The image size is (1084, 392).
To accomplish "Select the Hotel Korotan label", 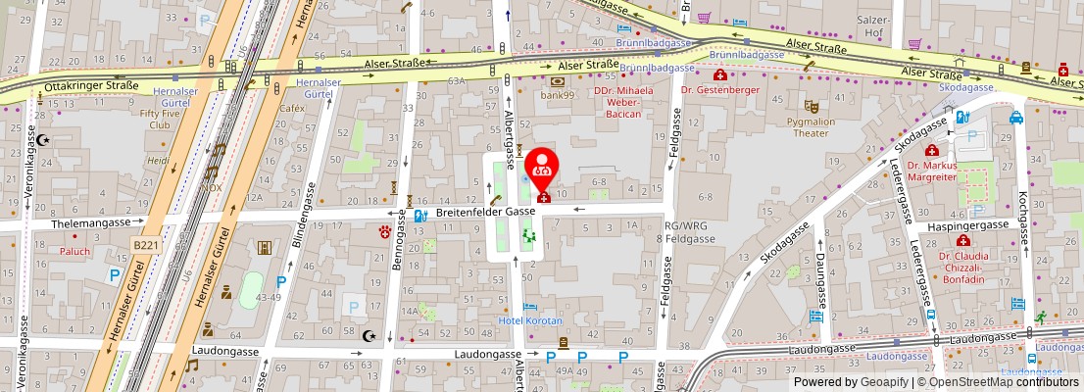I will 529,320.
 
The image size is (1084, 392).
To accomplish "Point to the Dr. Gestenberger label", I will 720,89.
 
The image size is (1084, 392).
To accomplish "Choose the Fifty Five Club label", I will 162,119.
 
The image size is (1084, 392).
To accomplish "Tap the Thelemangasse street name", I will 94,223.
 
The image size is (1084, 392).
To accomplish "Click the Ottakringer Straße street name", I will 90,86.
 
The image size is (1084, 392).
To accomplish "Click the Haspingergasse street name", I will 969,224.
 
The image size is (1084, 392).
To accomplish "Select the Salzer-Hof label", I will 868,25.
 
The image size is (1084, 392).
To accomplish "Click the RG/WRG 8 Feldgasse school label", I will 684,231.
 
